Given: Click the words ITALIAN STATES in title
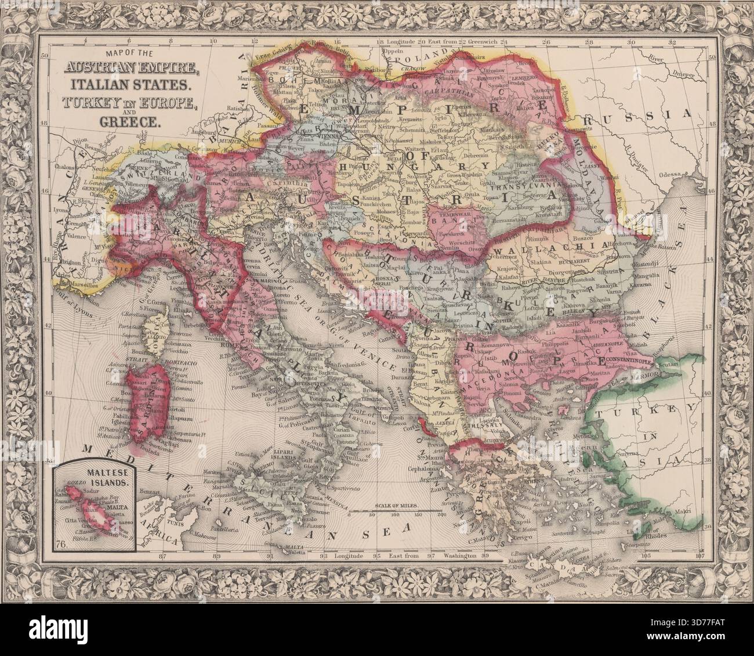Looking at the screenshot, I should coord(130,85).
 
